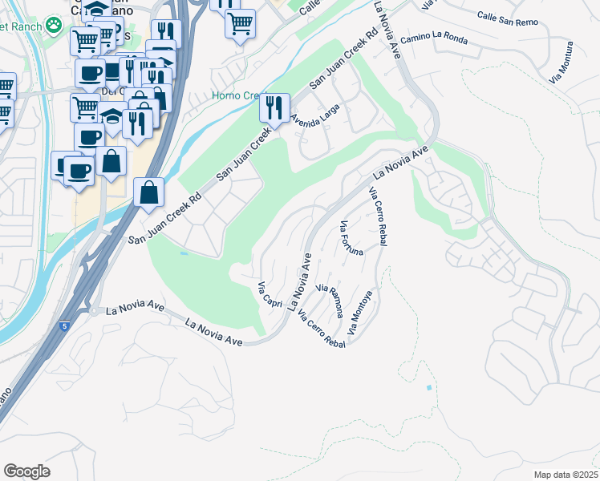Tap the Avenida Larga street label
(316, 118)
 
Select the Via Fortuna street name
(351, 238)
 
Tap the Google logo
(26, 471)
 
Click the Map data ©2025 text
(566, 475)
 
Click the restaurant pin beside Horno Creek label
(274, 107)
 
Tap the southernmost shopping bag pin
(149, 192)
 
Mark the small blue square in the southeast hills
(429, 388)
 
